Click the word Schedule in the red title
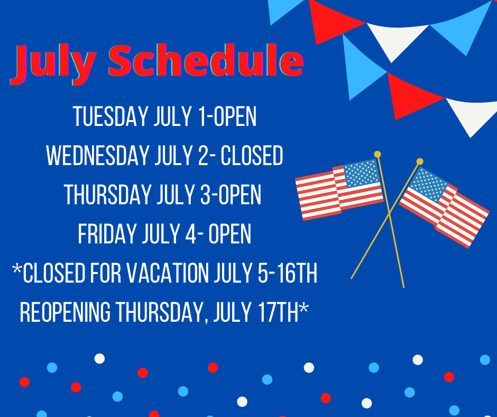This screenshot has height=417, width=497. click(x=206, y=60)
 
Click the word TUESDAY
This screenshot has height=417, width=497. click(x=111, y=116)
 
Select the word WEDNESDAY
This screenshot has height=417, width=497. click(x=97, y=156)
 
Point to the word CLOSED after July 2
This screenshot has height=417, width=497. click(x=252, y=156)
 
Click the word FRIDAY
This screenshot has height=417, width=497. click(x=107, y=233)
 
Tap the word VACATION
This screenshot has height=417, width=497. click(x=168, y=273)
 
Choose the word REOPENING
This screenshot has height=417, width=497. click(x=65, y=312)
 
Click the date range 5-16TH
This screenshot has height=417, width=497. click(x=287, y=273)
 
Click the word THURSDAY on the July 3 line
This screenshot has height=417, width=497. click(x=107, y=195)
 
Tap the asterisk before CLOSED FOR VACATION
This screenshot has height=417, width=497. click(x=16, y=269)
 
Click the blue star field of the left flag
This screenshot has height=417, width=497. click(x=361, y=173)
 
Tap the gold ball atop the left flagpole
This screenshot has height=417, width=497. click(x=377, y=154)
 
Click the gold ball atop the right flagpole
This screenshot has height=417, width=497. click(x=420, y=161)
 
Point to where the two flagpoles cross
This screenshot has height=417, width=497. click(x=390, y=214)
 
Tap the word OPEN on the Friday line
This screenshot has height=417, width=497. click(x=230, y=233)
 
